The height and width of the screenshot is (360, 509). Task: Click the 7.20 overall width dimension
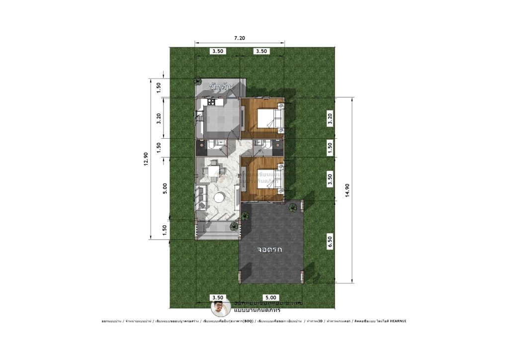pyautogui.click(x=239, y=38)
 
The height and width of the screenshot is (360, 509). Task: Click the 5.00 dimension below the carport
pyautogui.click(x=271, y=297)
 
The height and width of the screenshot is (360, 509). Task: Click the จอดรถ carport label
pyautogui.click(x=270, y=249)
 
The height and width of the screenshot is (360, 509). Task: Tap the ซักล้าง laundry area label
pyautogui.click(x=222, y=88)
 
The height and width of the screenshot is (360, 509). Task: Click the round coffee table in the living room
pyautogui.click(x=219, y=198)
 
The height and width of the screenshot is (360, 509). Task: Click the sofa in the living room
pyautogui.click(x=202, y=197)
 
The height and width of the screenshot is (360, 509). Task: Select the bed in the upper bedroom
pyautogui.click(x=272, y=118)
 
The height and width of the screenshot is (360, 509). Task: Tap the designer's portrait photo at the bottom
pyautogui.click(x=220, y=308)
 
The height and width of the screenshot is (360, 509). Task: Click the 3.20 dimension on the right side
pyautogui.click(x=329, y=118)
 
